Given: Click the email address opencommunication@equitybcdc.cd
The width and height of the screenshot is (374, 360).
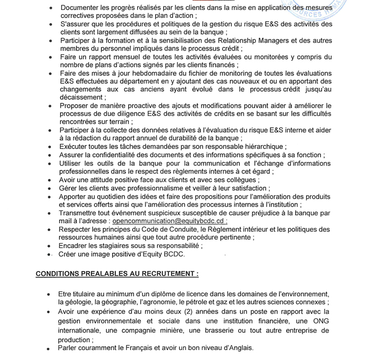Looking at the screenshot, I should pos(168,221).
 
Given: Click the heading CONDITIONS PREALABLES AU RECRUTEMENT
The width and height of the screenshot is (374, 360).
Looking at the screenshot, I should pos(117,274).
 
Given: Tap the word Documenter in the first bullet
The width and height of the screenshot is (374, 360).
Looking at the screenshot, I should pos(82,8).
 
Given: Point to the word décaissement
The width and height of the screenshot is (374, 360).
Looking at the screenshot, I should pos(80,97).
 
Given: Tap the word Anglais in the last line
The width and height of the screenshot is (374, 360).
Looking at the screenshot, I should pos(240,348).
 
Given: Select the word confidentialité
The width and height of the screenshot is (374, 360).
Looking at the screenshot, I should pos(120,155).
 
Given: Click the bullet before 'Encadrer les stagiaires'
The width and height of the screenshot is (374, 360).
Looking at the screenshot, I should pos(49,246).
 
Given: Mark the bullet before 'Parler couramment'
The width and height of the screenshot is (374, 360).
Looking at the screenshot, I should pos(49,348).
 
